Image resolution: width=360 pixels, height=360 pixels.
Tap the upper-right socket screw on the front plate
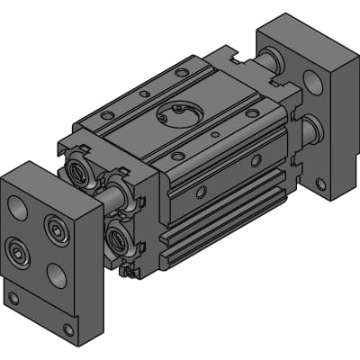coord(58,233)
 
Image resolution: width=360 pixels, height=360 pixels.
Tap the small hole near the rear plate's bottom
coord(322,184)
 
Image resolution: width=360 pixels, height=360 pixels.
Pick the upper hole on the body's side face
coord(256,160)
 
